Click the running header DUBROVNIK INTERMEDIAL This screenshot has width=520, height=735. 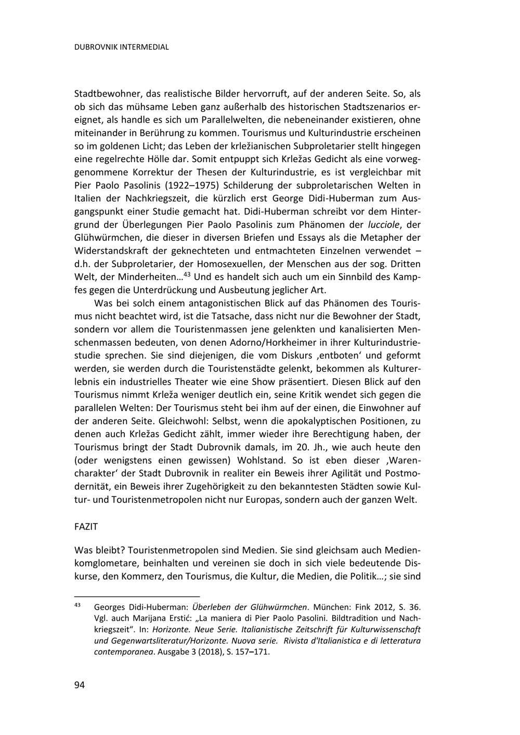[x=122, y=47]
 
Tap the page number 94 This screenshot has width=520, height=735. [x=80, y=685]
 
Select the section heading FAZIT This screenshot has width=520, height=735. [x=86, y=527]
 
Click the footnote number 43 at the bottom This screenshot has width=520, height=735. [x=77, y=606]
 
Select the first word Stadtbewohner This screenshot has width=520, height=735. [x=108, y=94]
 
